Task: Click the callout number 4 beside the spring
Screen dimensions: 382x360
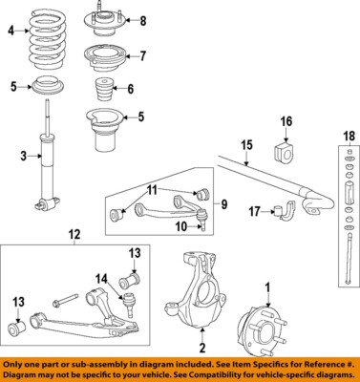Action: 11,32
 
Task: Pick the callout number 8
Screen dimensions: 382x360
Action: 143,21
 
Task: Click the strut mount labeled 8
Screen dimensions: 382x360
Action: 99,19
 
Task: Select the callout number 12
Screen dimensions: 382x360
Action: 74,235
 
